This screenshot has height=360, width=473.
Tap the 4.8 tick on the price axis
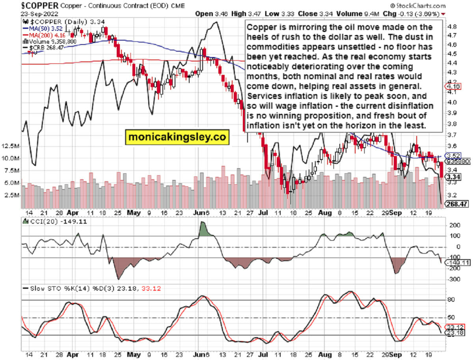(x=452, y=26)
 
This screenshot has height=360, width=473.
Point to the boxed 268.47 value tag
(x=457, y=204)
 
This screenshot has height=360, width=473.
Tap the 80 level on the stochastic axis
(x=451, y=300)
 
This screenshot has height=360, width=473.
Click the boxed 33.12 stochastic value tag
(x=454, y=327)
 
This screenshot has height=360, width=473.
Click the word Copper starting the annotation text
(x=259, y=28)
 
